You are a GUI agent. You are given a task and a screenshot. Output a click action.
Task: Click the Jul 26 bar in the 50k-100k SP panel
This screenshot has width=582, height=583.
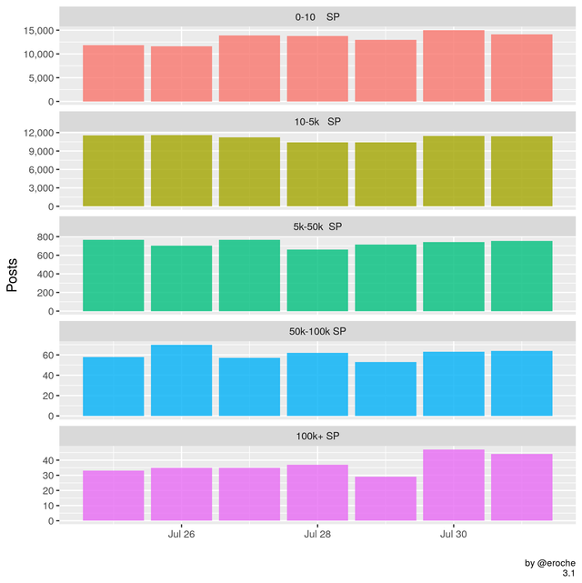coord(181,380)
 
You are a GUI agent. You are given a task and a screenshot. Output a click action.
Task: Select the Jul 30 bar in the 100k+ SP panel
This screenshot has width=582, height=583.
coord(453,486)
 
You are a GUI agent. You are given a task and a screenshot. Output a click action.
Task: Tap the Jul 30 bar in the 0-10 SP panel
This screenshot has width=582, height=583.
coord(453,65)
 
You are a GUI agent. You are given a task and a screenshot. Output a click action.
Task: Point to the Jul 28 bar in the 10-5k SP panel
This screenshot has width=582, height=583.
coord(317,175)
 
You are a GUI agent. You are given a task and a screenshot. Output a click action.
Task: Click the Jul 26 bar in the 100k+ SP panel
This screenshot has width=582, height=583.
coord(181,495)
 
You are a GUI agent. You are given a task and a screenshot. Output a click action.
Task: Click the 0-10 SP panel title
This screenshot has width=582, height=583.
coord(317,17)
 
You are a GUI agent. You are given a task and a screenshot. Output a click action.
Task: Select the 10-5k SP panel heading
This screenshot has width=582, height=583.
coord(317,122)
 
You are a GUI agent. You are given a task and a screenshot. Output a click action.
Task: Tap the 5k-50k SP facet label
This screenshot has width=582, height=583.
coord(317,226)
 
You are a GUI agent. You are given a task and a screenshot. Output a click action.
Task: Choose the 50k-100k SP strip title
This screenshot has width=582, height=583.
coord(317,330)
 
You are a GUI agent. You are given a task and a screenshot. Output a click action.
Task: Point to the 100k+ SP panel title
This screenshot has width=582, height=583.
coord(317,435)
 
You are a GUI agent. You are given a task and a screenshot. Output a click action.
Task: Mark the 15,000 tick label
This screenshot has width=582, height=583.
coord(34,31)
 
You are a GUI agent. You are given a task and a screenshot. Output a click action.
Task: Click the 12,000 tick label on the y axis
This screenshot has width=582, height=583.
coord(34,134)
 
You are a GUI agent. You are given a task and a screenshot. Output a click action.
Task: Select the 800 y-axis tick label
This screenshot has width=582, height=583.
coord(41,236)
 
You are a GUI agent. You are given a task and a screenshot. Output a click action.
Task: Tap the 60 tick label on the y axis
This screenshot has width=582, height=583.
coord(44,355)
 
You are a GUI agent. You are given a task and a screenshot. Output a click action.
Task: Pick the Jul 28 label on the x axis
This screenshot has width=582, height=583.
coord(317,535)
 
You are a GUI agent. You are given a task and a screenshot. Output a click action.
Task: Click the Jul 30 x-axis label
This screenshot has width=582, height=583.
coord(453,535)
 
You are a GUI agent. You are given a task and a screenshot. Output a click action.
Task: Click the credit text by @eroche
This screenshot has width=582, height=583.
coord(551,563)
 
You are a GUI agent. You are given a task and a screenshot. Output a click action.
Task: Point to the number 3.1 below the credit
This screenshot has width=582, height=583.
coord(568,574)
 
